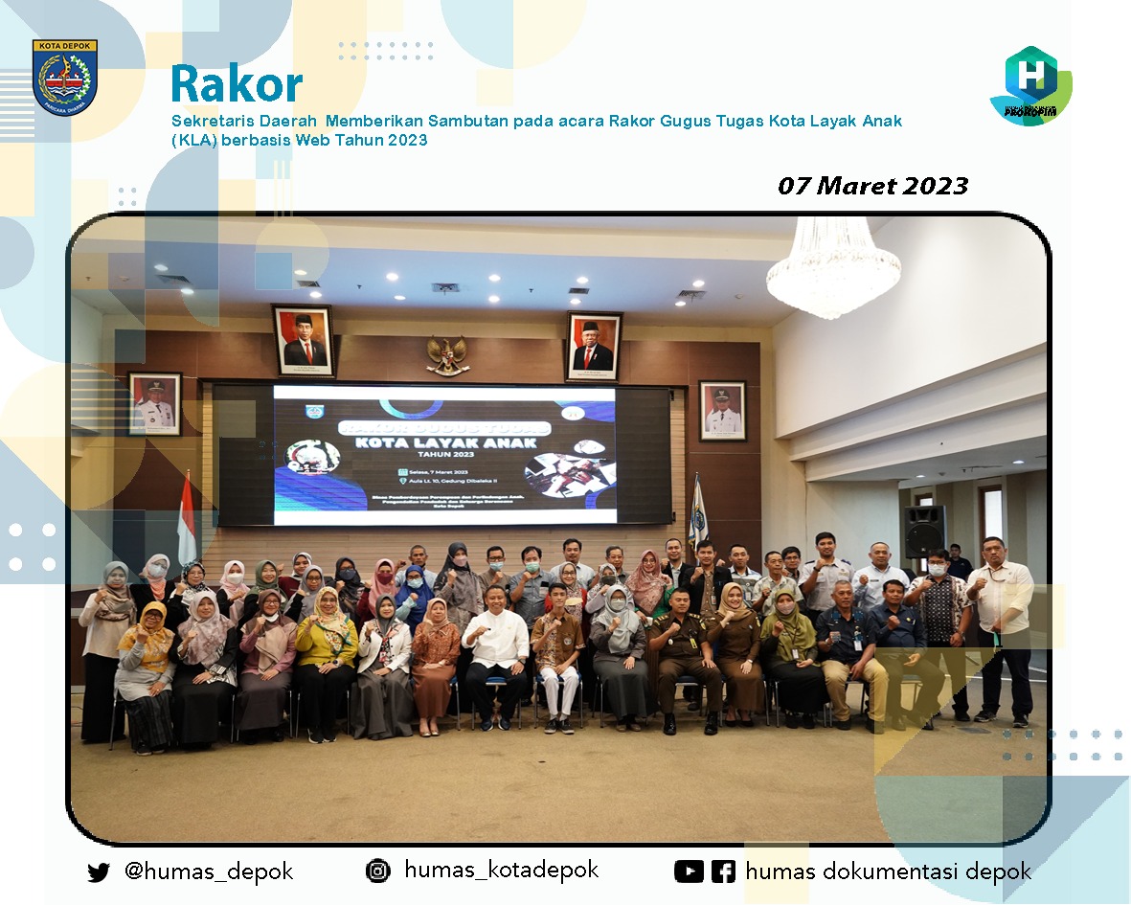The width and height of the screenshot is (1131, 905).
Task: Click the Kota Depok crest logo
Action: (64, 77)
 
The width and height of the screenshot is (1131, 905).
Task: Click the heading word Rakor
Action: (237, 84)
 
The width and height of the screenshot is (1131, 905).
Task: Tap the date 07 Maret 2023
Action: (872, 186)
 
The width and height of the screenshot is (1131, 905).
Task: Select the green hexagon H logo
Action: (1030, 83)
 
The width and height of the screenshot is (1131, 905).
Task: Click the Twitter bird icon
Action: (98, 872)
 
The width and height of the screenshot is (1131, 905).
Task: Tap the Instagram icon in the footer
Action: (378, 871)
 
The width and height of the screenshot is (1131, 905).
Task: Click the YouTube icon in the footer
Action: (689, 871)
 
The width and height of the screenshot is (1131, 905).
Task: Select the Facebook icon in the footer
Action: (723, 871)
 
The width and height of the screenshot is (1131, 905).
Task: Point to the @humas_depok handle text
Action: (209, 871)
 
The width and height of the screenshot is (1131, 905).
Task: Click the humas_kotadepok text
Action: (501, 870)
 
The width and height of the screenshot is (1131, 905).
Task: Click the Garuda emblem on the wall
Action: (446, 355)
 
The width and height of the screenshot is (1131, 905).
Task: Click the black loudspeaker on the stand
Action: (923, 532)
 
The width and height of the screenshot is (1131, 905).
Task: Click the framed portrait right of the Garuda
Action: (593, 347)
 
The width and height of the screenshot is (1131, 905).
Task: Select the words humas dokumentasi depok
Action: (888, 871)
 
